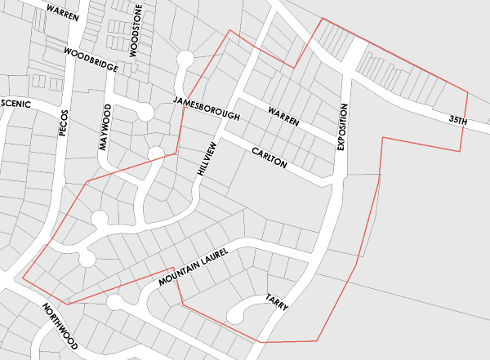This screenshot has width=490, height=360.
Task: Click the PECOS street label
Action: pyautogui.click(x=65, y=121)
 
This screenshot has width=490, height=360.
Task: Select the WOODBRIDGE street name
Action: pyautogui.click(x=91, y=60)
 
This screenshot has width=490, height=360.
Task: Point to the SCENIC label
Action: pyautogui.click(x=17, y=104)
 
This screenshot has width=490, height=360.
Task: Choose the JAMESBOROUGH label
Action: pyautogui.click(x=207, y=108)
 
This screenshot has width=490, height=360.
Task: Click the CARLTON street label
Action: pyautogui.click(x=269, y=158)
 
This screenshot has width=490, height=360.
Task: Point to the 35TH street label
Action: pyautogui.click(x=457, y=121)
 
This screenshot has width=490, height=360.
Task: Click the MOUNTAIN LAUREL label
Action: pyautogui.click(x=191, y=269)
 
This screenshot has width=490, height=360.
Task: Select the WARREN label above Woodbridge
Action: pyautogui.click(x=63, y=13)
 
